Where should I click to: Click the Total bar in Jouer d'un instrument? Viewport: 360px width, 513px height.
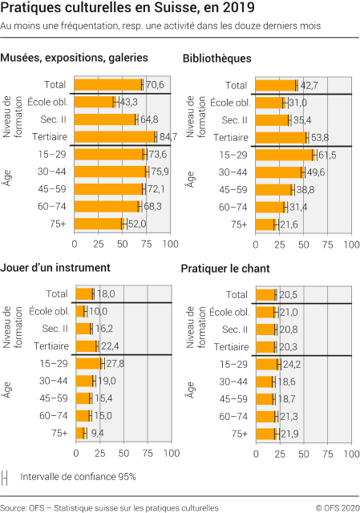point(83,294)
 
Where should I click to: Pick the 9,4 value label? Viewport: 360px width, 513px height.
point(97,433)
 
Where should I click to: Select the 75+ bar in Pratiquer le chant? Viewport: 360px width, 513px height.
point(265,433)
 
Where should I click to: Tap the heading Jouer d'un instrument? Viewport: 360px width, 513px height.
point(55,268)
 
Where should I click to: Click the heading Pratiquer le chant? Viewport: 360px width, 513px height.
point(225,268)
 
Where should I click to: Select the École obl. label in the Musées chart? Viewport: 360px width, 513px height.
point(48,103)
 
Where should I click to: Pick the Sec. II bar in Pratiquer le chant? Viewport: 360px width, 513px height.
point(265,329)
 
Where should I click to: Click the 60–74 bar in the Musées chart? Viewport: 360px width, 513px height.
point(95,207)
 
